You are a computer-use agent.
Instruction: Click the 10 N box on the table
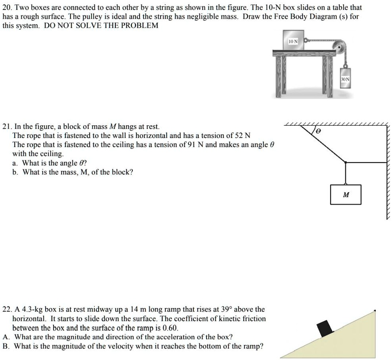click(x=293, y=40)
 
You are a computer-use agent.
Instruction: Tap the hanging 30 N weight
click(x=346, y=79)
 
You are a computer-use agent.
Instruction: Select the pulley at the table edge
click(x=339, y=46)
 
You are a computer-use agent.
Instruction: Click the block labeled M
click(x=346, y=195)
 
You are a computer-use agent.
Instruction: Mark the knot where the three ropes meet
click(x=346, y=162)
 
